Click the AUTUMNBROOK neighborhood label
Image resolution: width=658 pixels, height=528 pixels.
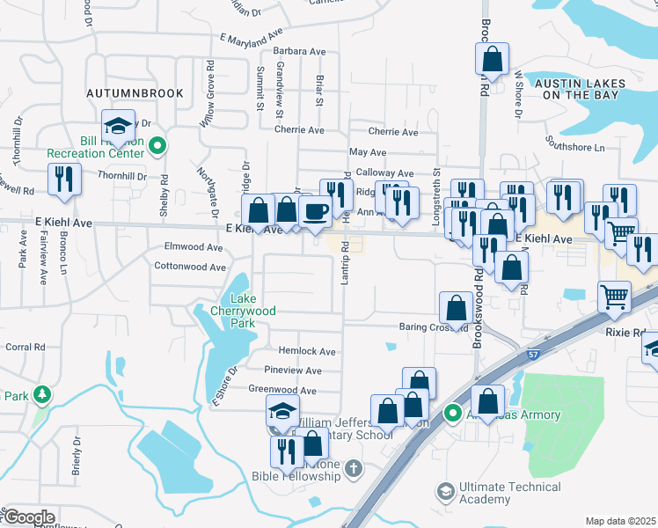(x=135, y=92)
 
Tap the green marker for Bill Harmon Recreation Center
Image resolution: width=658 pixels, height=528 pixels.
(x=157, y=146)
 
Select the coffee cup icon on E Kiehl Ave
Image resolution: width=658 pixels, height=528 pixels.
(x=315, y=211)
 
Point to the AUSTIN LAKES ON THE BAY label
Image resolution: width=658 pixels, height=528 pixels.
(x=580, y=89)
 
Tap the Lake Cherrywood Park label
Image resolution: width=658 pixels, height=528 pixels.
(x=232, y=311)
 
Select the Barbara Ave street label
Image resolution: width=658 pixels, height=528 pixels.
(x=300, y=52)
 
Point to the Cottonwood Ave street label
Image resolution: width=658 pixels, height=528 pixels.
(x=189, y=267)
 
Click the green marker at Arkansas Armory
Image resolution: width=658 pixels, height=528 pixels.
(x=453, y=412)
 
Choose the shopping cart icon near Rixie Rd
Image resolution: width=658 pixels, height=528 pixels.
(x=614, y=297)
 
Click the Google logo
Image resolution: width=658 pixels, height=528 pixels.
(x=28, y=517)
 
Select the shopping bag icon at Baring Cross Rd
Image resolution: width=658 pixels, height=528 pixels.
(x=456, y=308)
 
